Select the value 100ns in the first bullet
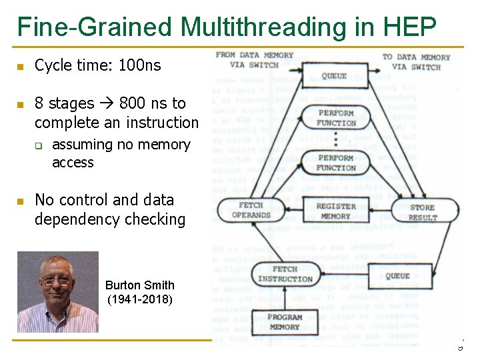(139, 65)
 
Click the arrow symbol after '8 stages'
(107, 103)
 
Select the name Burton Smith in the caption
(139, 285)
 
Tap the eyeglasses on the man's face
(57, 279)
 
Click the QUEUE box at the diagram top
(335, 75)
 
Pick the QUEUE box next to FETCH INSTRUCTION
(397, 275)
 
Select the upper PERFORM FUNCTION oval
(336, 118)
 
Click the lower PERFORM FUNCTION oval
(336, 163)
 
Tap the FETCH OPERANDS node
(251, 210)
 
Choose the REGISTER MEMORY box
(336, 211)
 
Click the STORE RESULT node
(423, 212)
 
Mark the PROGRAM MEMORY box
(285, 322)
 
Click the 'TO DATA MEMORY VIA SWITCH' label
(416, 61)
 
